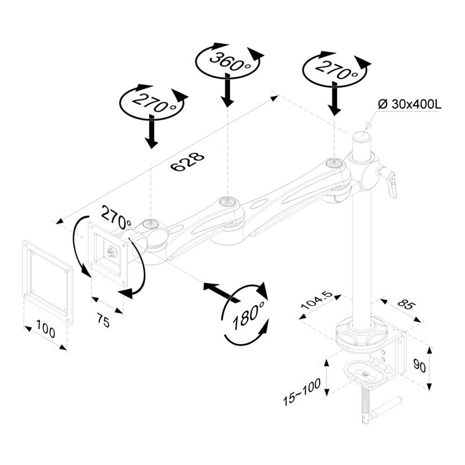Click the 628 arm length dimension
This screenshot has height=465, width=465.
tap(188, 163)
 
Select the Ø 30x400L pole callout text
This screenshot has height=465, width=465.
tap(410, 104)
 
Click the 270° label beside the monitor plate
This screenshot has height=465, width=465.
tap(116, 217)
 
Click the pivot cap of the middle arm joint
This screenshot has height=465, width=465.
tap(227, 202)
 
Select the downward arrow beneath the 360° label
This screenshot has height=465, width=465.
tap(228, 93)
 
